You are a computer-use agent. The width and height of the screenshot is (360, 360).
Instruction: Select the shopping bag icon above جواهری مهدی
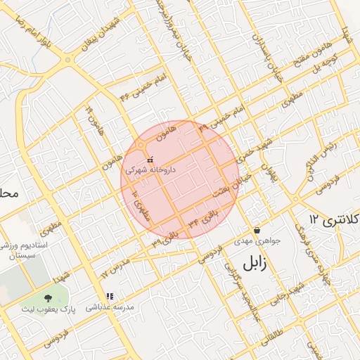[x=257, y=230]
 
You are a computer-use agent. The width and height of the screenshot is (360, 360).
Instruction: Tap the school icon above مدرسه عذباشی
[x=108, y=297]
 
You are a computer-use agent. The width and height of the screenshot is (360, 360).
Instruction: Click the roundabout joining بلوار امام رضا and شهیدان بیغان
[x=68, y=60]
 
